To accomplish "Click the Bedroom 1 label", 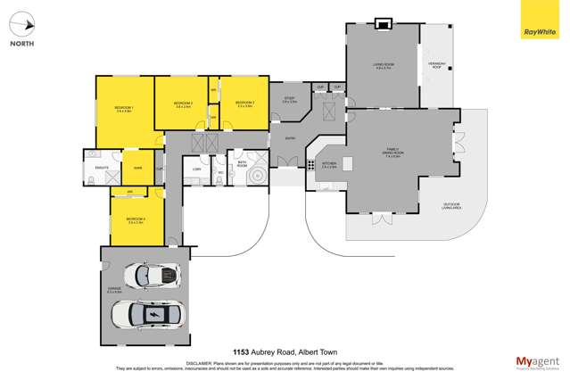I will click(x=123, y=110).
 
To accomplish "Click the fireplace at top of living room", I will click(x=384, y=22).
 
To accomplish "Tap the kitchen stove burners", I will click(x=310, y=163).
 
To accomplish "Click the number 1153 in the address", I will click(x=241, y=351).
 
